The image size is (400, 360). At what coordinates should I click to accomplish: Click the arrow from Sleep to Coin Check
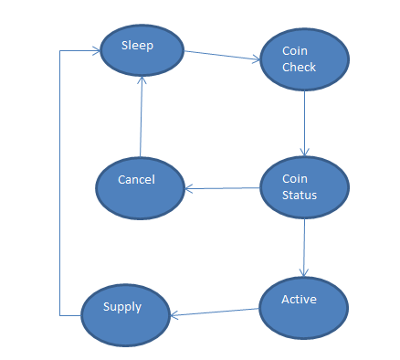223,56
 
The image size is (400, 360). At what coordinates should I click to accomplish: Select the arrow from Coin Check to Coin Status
304,122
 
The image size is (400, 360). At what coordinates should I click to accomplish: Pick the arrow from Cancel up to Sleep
140,119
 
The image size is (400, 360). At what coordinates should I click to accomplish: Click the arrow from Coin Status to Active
304,247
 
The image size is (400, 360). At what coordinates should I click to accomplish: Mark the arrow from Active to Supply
216,312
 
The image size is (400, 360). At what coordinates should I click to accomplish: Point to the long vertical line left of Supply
60,183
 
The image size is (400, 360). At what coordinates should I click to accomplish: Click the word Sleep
138,44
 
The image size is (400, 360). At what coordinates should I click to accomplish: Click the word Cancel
136,180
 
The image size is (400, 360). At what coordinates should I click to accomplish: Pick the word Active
299,299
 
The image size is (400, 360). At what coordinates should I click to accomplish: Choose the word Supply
123,307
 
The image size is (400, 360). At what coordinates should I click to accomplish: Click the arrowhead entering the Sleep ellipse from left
95,51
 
